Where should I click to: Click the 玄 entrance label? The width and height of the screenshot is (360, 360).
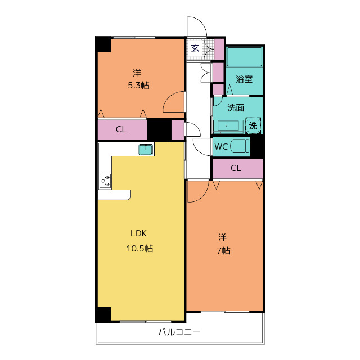pyautogui.click(x=195, y=48)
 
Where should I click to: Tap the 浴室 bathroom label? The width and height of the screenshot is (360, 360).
pyautogui.click(x=244, y=79)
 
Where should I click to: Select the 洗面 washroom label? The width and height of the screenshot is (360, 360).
pyautogui.click(x=236, y=107)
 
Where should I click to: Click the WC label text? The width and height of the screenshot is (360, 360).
pyautogui.click(x=221, y=146)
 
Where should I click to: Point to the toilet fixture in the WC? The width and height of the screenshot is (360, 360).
pyautogui.click(x=240, y=146)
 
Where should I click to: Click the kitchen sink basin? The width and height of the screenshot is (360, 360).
pyautogui.click(x=146, y=150)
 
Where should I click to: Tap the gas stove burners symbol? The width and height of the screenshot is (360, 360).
pyautogui.click(x=105, y=181)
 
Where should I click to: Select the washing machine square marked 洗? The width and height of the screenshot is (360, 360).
pyautogui.click(x=253, y=125)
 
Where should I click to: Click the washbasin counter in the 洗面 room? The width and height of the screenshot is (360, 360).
pyautogui.click(x=228, y=126)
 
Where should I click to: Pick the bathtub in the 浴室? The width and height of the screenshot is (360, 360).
pyautogui.click(x=245, y=57)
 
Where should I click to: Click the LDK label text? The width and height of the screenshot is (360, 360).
pyautogui.click(x=138, y=233)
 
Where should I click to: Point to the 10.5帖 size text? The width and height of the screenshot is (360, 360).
pyautogui.click(x=139, y=248)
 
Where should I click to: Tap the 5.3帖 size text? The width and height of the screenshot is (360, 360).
pyautogui.click(x=139, y=85)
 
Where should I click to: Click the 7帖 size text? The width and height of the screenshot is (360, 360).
pyautogui.click(x=224, y=250)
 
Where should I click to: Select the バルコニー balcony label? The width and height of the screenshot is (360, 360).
pyautogui.click(x=179, y=332)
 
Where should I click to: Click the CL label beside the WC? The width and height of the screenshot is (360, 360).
pyautogui.click(x=236, y=168)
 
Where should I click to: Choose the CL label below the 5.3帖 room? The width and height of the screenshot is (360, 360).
pyautogui.click(x=121, y=129)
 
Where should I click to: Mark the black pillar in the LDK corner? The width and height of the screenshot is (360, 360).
pyautogui.click(x=103, y=314)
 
